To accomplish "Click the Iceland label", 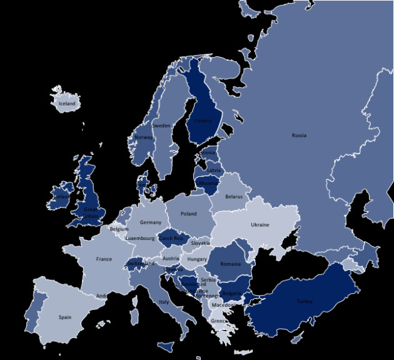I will click(x=67, y=103).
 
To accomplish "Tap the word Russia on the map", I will click(x=299, y=135).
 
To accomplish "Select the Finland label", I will click(x=203, y=121).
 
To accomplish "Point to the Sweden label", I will click(x=161, y=126).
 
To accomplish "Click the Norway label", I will click(x=143, y=137).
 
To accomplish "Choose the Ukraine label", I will click(x=260, y=225).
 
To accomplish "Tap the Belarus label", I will click(x=234, y=196).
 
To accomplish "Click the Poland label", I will click(x=188, y=214).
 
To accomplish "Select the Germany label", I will click(x=151, y=222).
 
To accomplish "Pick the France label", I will click(x=104, y=259).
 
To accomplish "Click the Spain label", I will click(x=65, y=317).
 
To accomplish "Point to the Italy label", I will click(x=164, y=302).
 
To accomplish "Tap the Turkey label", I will click(x=305, y=301).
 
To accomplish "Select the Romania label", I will click(x=230, y=264).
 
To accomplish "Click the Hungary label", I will click(x=197, y=259).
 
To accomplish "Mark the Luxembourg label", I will click(x=139, y=238).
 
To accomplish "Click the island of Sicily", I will click(x=167, y=346).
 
